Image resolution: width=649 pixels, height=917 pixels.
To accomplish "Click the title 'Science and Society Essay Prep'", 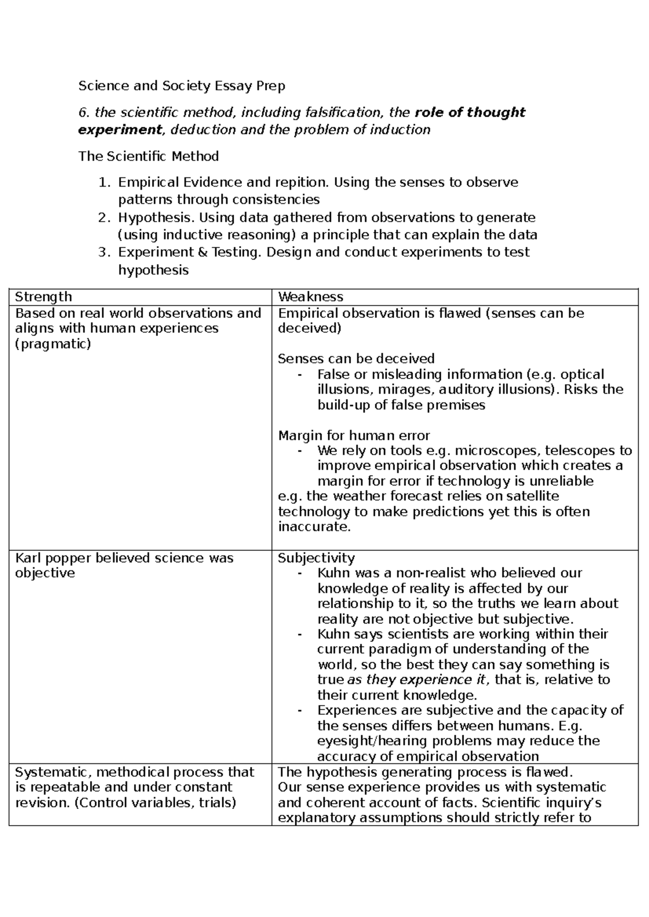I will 182,85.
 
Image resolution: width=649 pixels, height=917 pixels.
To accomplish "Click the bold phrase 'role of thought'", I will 469,112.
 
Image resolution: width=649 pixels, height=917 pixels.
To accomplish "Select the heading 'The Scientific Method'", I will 149,156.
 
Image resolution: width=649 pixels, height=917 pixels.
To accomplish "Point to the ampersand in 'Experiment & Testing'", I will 200,252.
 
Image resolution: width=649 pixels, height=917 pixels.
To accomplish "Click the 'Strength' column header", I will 43,296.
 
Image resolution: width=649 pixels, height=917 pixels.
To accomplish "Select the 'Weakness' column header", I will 310,296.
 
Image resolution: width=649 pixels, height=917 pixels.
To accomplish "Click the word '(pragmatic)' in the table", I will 53,343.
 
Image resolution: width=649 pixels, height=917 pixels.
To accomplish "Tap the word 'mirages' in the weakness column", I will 410,389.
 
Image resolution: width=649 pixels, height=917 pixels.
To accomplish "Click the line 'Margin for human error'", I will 354,435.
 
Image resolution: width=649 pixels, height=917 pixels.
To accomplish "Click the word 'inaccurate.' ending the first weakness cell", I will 314,527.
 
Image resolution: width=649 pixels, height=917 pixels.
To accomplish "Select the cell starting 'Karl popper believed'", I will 124,565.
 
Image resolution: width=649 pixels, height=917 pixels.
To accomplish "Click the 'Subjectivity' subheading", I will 316,557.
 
